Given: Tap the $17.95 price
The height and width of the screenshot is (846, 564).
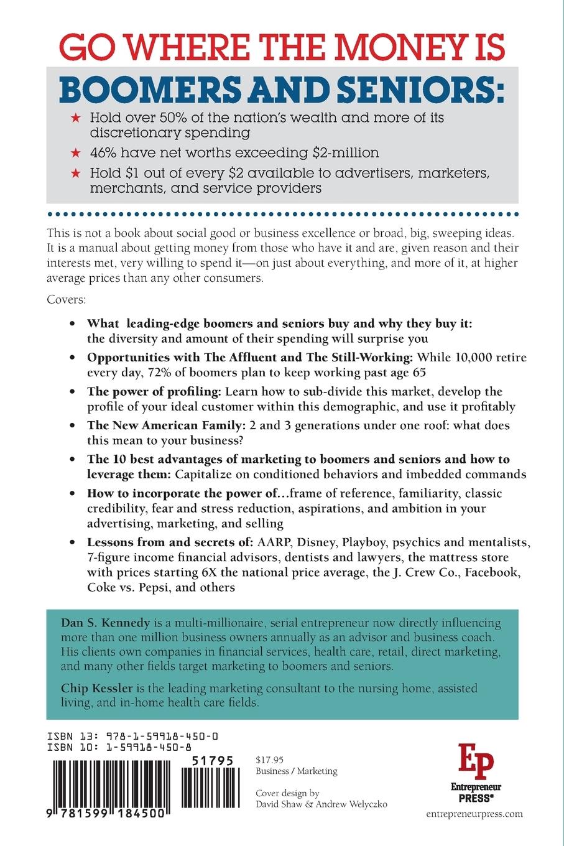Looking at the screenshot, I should [270, 759].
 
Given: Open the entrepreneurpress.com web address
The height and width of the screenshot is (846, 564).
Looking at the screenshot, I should [475, 814].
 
